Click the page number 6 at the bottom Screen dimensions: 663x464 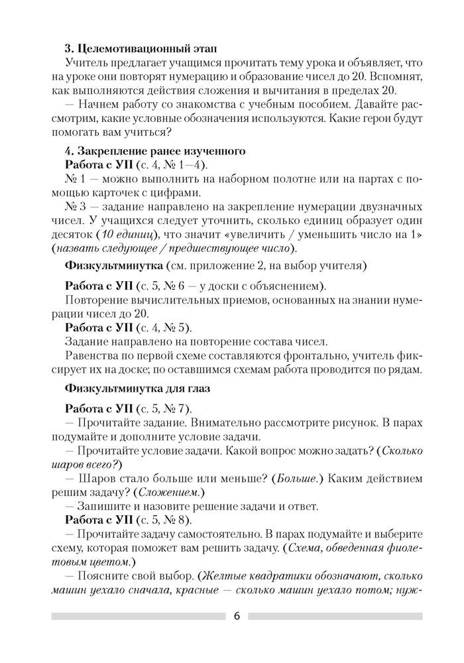(237, 616)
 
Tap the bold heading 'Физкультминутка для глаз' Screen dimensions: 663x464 (137, 387)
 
